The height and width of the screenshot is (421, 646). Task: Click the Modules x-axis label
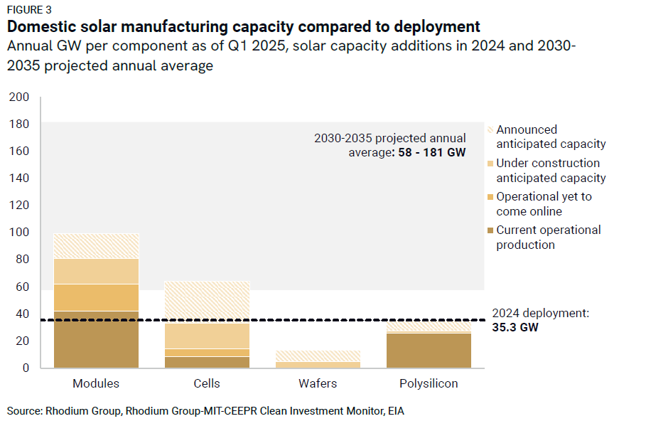click(96, 383)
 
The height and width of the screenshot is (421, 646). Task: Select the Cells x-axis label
click(207, 383)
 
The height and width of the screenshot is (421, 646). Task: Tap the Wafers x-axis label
click(318, 383)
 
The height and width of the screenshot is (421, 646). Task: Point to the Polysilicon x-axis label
click(429, 383)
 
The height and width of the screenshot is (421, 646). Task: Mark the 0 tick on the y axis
click(25, 368)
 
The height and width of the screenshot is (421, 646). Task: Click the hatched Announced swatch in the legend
click(489, 130)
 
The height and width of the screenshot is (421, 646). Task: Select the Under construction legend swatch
click(489, 164)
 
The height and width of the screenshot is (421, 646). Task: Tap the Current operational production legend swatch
click(489, 230)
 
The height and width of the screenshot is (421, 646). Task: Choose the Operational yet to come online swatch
click(489, 197)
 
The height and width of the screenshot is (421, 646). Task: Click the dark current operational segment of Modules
click(96, 339)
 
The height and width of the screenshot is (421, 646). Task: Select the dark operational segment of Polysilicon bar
click(429, 350)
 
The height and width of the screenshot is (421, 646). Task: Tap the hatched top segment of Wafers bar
click(318, 356)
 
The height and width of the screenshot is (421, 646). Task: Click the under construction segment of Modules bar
click(96, 271)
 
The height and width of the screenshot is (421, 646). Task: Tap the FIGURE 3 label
click(29, 10)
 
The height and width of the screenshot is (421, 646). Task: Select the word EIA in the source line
click(396, 411)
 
